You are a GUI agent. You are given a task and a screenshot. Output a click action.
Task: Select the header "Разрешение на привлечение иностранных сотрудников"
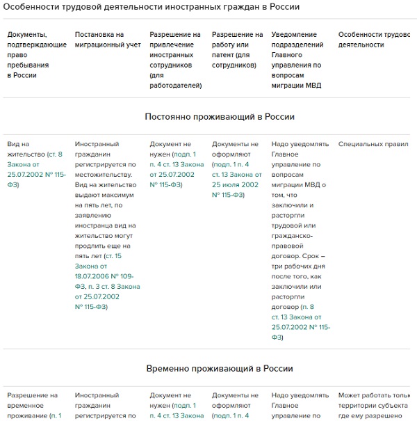[x=176, y=60]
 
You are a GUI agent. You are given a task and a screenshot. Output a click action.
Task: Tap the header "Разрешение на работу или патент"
[x=237, y=49]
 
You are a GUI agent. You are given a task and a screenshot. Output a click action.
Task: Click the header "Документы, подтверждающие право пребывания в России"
[x=37, y=54]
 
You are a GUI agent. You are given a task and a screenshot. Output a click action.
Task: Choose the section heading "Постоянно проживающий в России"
[x=220, y=117]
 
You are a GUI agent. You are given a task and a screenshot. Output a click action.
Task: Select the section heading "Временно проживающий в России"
[x=220, y=368]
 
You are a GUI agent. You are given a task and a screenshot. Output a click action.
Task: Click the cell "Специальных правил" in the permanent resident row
[x=373, y=144]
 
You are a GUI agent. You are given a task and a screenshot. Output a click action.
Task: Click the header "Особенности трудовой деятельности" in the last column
[x=373, y=40]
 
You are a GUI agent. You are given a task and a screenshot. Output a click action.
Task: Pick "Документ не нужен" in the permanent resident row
[x=170, y=149]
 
